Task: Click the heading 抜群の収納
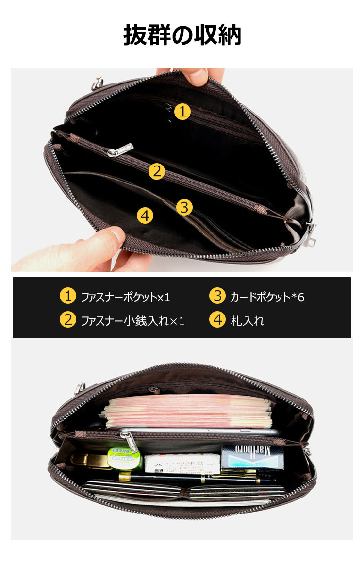pyautogui.click(x=182, y=35)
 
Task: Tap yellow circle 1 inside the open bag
pyautogui.click(x=182, y=112)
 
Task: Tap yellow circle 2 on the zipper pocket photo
pyautogui.click(x=156, y=171)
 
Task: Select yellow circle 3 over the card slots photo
pyautogui.click(x=184, y=207)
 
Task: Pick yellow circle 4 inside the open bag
pyautogui.click(x=145, y=215)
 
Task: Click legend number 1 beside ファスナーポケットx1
pyautogui.click(x=68, y=296)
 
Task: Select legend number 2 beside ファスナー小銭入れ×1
pyautogui.click(x=68, y=320)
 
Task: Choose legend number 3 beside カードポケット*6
pyautogui.click(x=217, y=296)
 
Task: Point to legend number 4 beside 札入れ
pyautogui.click(x=217, y=320)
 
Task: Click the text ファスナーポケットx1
pyautogui.click(x=125, y=297)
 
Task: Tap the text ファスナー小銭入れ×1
pyautogui.click(x=132, y=321)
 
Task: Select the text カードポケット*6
pyautogui.click(x=267, y=297)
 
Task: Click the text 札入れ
pyautogui.click(x=247, y=321)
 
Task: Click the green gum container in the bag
pyautogui.click(x=124, y=459)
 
